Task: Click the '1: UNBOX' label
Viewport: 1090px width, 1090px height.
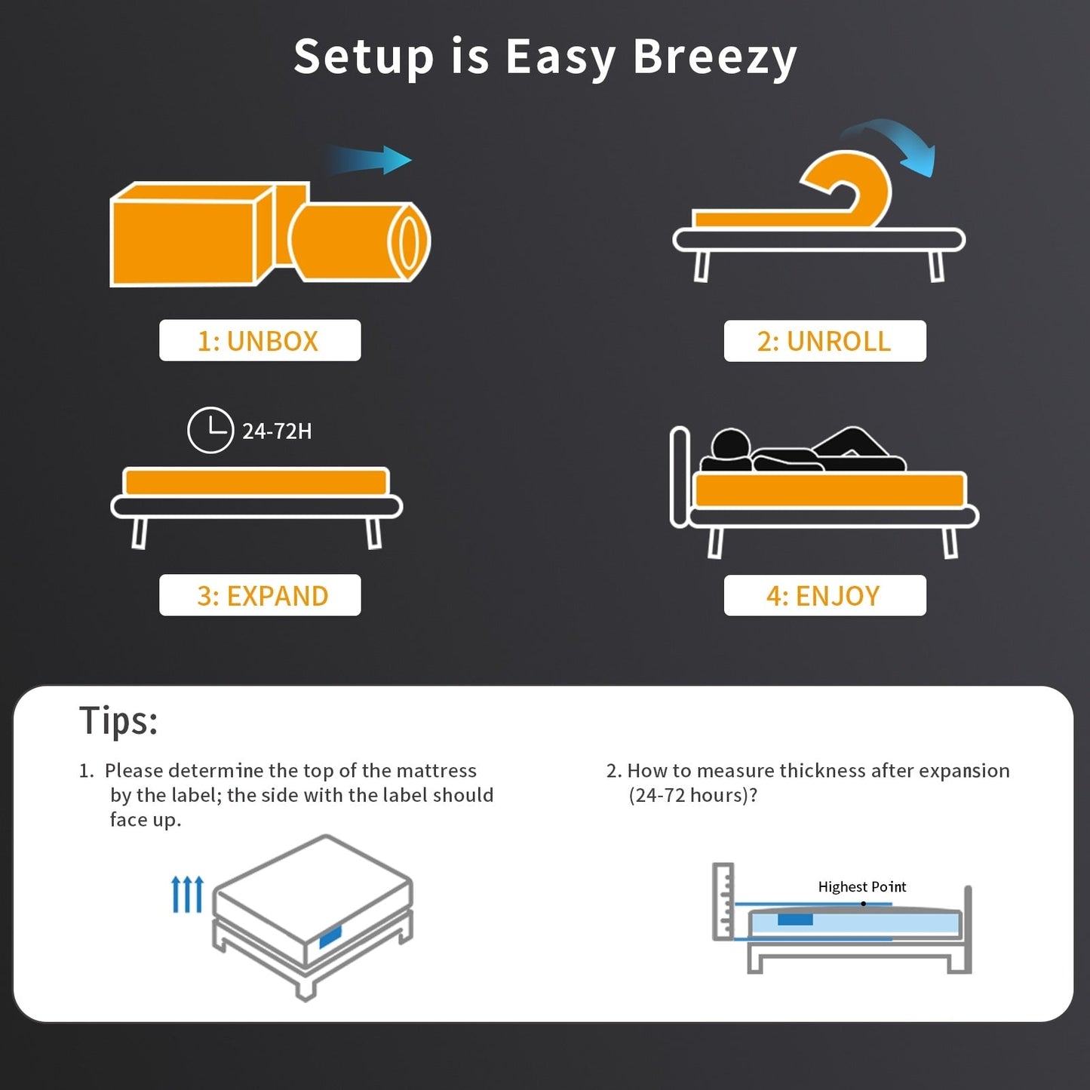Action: [x=259, y=341]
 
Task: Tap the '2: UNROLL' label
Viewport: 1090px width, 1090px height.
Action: [x=824, y=341]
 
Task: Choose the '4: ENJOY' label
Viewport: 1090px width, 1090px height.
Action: [x=824, y=596]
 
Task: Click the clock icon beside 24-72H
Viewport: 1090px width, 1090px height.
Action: [x=210, y=430]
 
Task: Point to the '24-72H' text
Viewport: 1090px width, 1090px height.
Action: [x=277, y=431]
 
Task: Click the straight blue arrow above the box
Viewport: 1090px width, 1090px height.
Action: [x=370, y=160]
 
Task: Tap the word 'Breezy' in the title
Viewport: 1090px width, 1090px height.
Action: [x=714, y=57]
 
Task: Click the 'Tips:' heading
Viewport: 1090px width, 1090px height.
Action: [x=118, y=720]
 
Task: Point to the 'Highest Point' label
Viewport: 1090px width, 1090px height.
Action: [x=861, y=886]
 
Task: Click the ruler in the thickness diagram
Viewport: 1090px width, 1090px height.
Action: [x=723, y=901]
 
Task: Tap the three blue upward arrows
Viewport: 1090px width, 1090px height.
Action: [x=187, y=894]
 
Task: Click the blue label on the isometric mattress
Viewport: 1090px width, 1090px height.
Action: [x=330, y=937]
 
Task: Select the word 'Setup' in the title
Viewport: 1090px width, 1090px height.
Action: [x=363, y=57]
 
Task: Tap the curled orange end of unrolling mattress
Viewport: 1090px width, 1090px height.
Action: [x=852, y=185]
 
